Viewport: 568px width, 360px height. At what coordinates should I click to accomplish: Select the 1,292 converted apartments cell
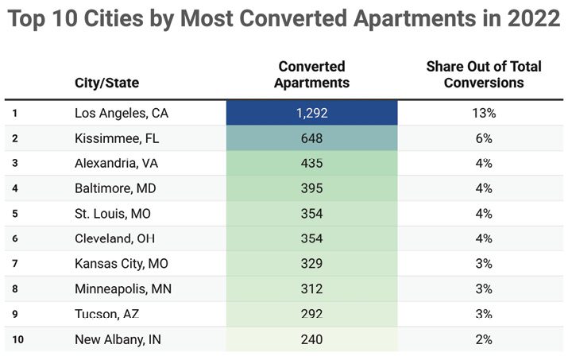point(311,113)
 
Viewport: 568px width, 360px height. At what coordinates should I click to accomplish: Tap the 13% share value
point(484,113)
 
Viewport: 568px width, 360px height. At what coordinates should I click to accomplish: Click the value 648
point(311,138)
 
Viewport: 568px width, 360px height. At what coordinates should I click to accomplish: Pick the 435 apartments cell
point(311,163)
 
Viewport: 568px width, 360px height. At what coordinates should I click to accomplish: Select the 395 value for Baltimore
point(311,188)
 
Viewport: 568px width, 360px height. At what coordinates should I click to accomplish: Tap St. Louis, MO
point(114,214)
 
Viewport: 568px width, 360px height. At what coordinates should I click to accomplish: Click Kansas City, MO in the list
point(122,264)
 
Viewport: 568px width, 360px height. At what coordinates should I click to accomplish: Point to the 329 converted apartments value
point(311,264)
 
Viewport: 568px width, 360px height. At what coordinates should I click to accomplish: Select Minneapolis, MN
point(123,288)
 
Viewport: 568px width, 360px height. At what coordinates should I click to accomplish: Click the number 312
point(311,288)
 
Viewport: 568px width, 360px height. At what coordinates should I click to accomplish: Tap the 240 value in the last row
point(311,339)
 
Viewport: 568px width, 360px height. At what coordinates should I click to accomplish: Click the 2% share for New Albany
point(484,339)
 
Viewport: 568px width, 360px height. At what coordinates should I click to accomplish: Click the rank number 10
point(17,339)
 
